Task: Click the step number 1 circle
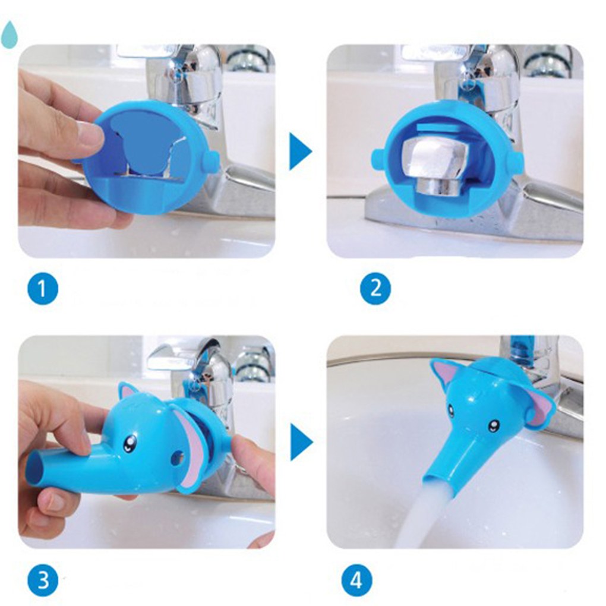point(43,288)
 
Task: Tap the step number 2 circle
point(375,288)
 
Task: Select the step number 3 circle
point(43,580)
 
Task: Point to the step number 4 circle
point(356,580)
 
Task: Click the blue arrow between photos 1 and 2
point(300,152)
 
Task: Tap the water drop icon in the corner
point(10,34)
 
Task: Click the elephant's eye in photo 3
point(130,443)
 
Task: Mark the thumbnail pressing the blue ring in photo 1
point(92,133)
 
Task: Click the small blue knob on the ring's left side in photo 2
point(378,159)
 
